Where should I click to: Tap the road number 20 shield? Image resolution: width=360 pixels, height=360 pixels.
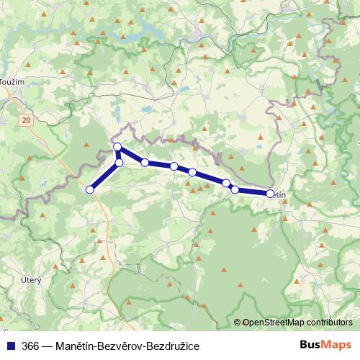(27, 120)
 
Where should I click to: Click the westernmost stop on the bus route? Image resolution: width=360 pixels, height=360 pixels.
(90, 189)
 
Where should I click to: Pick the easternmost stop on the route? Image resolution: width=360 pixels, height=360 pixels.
(271, 193)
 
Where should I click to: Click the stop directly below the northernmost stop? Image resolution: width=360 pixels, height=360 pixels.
(120, 163)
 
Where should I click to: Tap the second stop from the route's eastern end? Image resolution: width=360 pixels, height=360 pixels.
(235, 189)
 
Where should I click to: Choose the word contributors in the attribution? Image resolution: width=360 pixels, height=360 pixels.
(328, 323)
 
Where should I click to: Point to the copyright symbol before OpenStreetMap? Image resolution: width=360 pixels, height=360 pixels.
(237, 323)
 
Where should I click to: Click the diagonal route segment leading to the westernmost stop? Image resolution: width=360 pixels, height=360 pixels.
(104, 176)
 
